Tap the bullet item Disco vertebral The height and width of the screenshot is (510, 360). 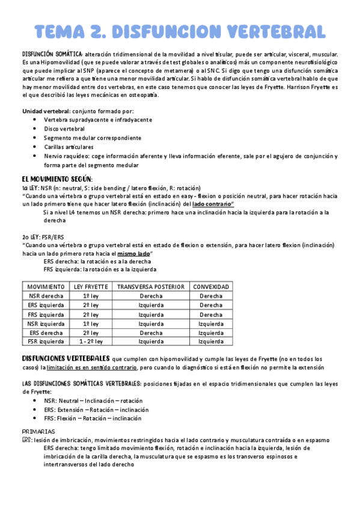coord(64,129)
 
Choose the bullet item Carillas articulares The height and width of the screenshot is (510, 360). coord(68,147)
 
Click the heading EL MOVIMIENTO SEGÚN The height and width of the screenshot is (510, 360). coord(57,179)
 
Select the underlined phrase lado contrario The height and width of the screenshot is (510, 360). coord(213,204)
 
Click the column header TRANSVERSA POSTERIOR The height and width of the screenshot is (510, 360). coord(151,287)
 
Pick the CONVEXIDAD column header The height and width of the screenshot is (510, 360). coord(211,287)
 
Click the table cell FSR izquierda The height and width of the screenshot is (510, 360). coord(46,341)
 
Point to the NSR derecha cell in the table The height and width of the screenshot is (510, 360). coord(46,296)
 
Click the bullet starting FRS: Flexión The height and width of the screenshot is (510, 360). coord(93,418)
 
